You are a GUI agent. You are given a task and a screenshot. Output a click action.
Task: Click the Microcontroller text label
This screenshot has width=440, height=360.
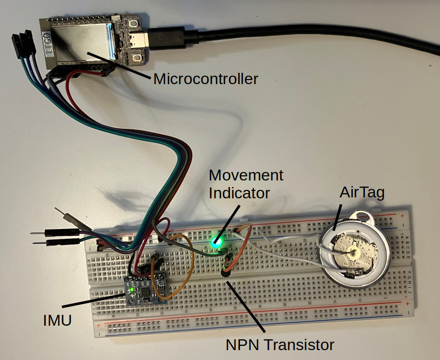pos(206,78)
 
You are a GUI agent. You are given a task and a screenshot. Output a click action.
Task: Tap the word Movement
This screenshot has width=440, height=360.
pos(246,176)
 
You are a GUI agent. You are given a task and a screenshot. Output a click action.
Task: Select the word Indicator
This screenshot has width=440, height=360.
pos(239,193)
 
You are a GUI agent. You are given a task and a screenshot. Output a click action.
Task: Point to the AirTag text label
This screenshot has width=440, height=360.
pos(362,193)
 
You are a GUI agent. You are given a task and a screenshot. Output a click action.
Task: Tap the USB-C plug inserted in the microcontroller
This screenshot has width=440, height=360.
pos(162,38)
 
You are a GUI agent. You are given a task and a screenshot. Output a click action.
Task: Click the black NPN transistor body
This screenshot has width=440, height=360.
pos(227,270)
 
